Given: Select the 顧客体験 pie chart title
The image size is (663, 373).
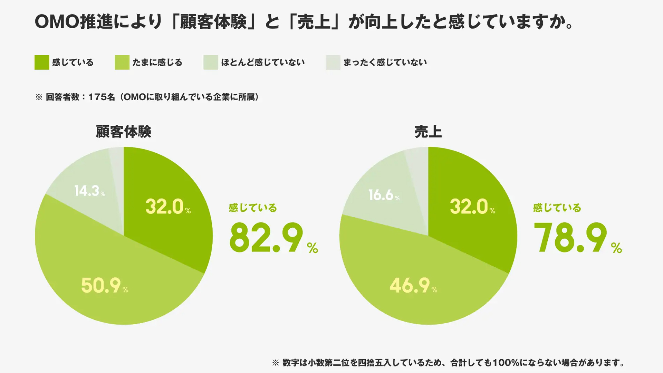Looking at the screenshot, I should tap(123, 132).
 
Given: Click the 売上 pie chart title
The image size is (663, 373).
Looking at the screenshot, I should tap(428, 132).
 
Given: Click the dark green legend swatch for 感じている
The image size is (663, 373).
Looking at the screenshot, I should tap(42, 63).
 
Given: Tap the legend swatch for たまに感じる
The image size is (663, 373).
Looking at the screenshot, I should tap(122, 63).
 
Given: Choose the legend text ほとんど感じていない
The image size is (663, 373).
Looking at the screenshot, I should tap(262, 63).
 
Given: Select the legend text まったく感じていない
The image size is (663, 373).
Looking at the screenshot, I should tap(385, 63).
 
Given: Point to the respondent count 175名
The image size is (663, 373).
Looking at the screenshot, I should tap(102, 97).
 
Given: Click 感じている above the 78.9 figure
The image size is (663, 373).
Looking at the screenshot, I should tap(557, 208).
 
